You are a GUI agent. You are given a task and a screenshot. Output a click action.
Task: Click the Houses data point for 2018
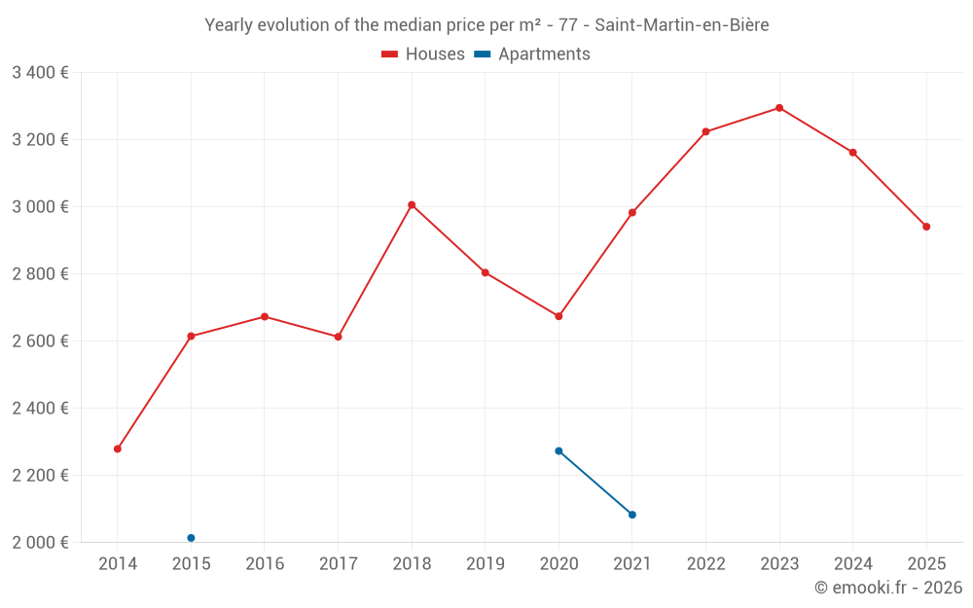[x=412, y=205]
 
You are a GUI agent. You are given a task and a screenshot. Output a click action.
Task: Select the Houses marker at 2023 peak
[x=779, y=108]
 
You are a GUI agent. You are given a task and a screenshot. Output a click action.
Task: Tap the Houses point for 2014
[x=118, y=449]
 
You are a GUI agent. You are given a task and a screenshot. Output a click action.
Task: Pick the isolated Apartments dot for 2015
[x=191, y=538]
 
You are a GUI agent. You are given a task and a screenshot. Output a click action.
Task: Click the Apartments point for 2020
[x=559, y=451]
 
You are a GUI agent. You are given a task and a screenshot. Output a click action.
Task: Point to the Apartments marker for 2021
[x=632, y=515]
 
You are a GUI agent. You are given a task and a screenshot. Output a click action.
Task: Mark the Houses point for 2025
[x=926, y=227]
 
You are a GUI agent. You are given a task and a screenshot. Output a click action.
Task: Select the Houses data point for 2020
[x=559, y=316]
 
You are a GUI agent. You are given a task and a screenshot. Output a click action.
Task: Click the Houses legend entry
[x=423, y=54]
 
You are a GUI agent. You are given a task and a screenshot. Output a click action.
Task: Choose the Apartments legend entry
[x=532, y=54]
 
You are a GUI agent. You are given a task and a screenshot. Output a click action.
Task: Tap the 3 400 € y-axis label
[x=40, y=73]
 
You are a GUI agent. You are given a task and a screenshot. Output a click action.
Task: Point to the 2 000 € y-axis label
[x=40, y=543]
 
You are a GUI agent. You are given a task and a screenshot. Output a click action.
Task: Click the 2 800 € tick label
[x=40, y=274]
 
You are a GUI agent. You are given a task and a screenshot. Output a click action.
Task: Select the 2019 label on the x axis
[x=486, y=564]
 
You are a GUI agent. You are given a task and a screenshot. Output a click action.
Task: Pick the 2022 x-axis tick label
[x=705, y=564]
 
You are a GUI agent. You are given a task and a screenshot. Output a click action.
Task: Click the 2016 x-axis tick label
[x=265, y=564]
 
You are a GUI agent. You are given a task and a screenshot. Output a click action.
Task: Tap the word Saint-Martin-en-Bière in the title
[x=681, y=25]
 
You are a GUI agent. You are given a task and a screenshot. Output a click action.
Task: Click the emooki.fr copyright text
[x=888, y=588]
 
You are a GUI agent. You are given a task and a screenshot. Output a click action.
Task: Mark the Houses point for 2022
[x=705, y=131]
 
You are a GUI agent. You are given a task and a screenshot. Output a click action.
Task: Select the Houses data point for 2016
[x=265, y=316]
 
